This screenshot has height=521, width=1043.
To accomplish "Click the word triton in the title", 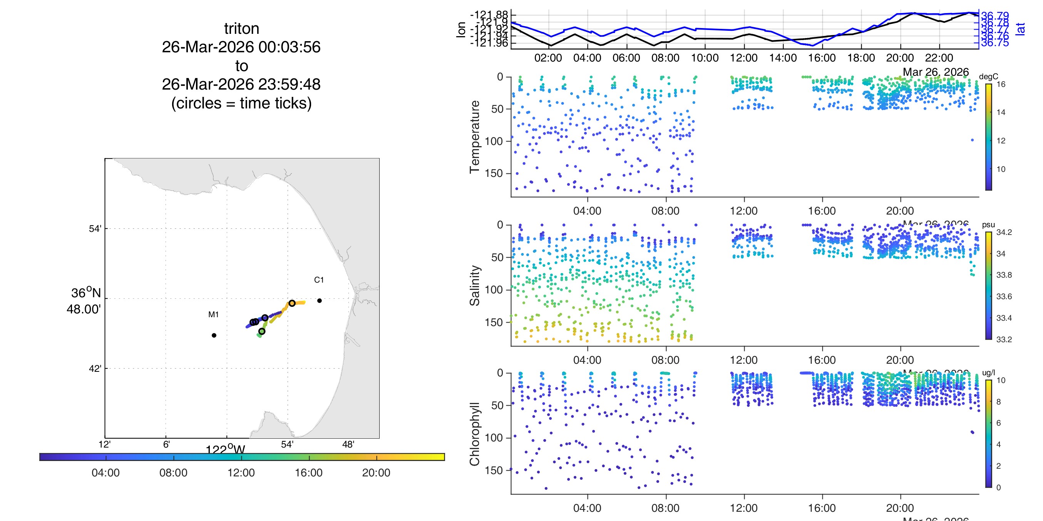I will click(x=241, y=29).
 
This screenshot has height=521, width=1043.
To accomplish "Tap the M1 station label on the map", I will click(x=213, y=314).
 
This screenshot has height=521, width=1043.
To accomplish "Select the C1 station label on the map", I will click(x=319, y=280).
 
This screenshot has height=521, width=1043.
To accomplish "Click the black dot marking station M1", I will click(x=214, y=335).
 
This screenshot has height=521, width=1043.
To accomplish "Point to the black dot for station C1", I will click(x=320, y=301).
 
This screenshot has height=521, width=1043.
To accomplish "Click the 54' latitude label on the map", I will click(x=95, y=228).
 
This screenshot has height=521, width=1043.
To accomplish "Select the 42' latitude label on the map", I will click(x=95, y=368).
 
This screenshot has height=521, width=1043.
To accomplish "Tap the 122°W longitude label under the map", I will click(x=225, y=449).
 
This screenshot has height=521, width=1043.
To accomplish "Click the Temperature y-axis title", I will click(x=475, y=137).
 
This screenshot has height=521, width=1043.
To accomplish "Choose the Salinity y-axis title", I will click(x=475, y=285).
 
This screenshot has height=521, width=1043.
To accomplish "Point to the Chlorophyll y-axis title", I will click(x=475, y=434).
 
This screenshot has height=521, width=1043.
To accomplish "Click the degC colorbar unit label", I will click(x=988, y=77).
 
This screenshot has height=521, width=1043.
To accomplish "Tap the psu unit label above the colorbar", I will click(x=988, y=225).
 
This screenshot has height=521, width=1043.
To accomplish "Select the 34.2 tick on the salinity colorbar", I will click(x=1004, y=232).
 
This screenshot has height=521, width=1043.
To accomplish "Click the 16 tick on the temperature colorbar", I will click(x=1001, y=84).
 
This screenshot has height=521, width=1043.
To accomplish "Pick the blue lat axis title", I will click(x=1020, y=28).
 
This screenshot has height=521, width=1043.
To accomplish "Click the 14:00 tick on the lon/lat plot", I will click(x=783, y=58).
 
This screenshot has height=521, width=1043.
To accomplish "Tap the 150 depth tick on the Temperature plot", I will click(x=494, y=173).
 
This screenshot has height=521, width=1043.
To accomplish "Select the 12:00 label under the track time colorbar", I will click(x=241, y=473).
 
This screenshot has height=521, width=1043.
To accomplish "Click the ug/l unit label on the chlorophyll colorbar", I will click(x=988, y=373).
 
